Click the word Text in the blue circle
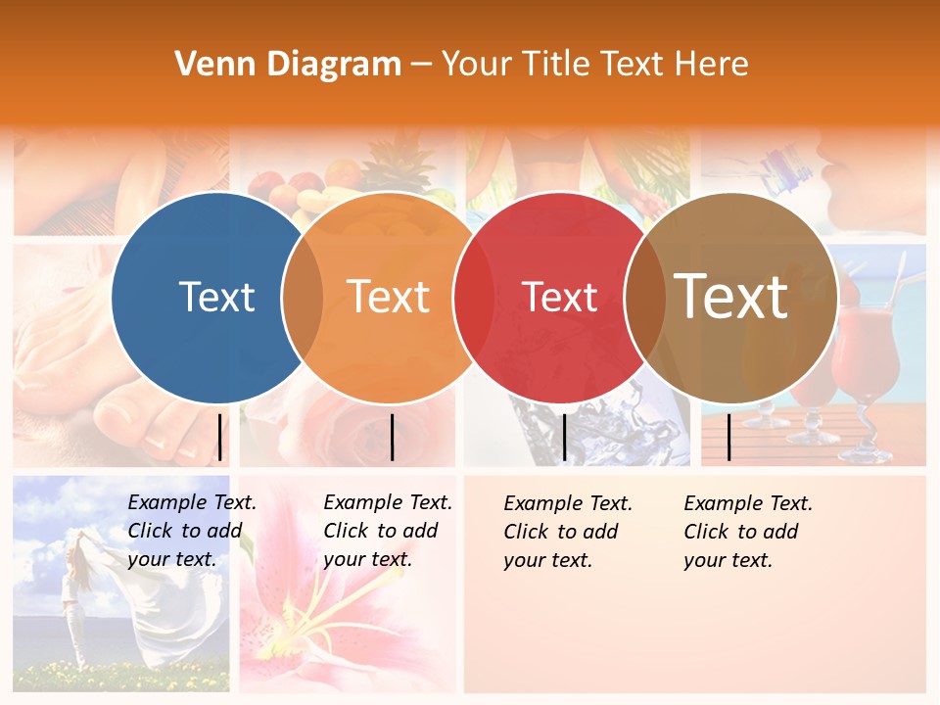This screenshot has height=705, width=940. coord(216,297)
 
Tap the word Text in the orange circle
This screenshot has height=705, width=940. coord(389,297)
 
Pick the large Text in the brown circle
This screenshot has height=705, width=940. coord(731,296)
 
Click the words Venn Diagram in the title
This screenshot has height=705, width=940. coord(288,65)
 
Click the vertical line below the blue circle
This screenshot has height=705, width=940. coord(219,437)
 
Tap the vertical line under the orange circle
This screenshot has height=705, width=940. coord(392,437)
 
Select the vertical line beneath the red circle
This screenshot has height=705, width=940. coord(564,437)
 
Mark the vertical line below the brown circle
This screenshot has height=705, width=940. coord(728,437)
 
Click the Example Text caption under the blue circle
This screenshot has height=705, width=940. coord(191,531)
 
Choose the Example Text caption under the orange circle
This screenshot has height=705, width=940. coord(387,531)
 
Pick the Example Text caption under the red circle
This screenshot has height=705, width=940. coord(567,532)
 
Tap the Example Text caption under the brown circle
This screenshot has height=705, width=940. coord(747,532)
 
